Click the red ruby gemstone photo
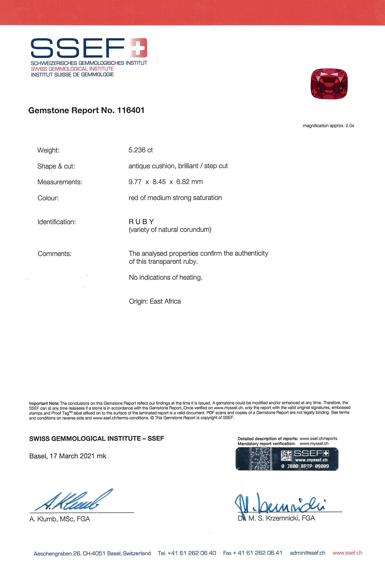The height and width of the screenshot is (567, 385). point(329,83)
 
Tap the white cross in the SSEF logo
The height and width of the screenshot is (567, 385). point(138,48)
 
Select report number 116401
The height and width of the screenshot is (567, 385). point(131,110)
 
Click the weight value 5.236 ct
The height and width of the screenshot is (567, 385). point(141,150)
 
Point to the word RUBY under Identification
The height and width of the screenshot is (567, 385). point(141,221)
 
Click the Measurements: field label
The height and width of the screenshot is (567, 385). point(60,182)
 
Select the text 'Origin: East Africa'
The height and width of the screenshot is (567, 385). point(155,301)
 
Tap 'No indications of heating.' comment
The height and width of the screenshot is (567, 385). point(166,277)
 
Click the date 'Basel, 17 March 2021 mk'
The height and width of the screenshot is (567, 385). point(68,456)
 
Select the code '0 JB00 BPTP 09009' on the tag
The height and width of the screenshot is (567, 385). point(305,466)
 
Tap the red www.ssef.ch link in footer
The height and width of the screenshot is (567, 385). point(347,553)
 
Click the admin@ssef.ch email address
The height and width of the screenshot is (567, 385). point(307,553)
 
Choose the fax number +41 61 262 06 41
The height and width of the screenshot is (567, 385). point(260,553)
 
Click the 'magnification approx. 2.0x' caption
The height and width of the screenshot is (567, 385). point(328,126)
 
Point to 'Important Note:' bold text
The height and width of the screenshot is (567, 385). point(44,403)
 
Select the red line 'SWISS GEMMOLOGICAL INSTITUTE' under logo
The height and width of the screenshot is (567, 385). point(72,69)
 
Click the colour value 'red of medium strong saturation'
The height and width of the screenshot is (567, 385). point(175,198)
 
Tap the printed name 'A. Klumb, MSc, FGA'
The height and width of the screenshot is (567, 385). point(60,519)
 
